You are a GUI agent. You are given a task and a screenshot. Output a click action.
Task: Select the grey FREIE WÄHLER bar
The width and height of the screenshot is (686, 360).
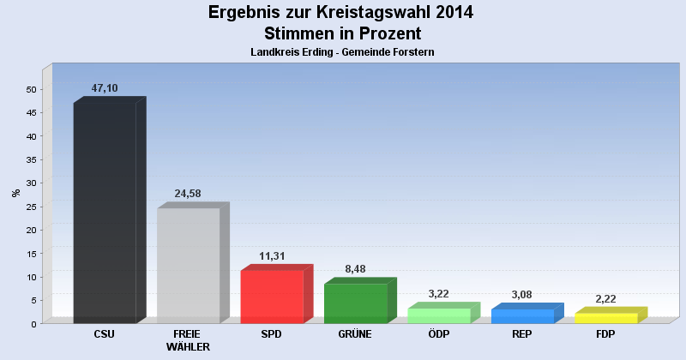pyautogui.click(x=188, y=265)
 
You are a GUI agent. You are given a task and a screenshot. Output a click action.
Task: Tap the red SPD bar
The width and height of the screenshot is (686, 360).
pyautogui.click(x=272, y=296)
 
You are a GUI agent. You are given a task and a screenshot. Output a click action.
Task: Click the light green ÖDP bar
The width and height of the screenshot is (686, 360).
pyautogui.click(x=438, y=315)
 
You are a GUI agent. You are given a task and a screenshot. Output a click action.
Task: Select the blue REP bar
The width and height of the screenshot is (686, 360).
pyautogui.click(x=522, y=316)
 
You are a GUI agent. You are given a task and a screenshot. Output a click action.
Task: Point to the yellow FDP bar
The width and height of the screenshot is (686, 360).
pyautogui.click(x=605, y=318)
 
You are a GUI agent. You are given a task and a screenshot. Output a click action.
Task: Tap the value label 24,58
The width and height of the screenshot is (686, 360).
pyautogui.click(x=188, y=194)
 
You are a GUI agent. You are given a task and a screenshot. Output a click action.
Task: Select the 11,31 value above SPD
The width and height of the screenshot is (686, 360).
pyautogui.click(x=272, y=256)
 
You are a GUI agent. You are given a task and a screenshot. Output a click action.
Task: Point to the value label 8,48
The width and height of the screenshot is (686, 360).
pyautogui.click(x=355, y=269)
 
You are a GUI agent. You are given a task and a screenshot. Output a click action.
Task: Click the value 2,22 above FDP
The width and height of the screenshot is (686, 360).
pyautogui.click(x=605, y=299)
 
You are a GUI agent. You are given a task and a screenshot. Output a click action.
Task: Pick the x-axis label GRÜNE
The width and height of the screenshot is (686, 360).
pyautogui.click(x=355, y=334)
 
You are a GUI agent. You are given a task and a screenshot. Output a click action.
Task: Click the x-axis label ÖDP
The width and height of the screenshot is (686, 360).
pyautogui.click(x=438, y=334)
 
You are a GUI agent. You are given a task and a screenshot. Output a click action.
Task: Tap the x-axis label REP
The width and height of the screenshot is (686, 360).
pyautogui.click(x=522, y=334)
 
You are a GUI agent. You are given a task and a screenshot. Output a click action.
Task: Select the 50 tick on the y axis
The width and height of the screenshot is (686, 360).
pyautogui.click(x=31, y=89)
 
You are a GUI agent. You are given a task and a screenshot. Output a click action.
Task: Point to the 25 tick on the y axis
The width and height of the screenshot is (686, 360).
pyautogui.click(x=31, y=207)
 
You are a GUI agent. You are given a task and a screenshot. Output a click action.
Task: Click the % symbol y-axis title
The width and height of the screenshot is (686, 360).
pyautogui.click(x=16, y=193)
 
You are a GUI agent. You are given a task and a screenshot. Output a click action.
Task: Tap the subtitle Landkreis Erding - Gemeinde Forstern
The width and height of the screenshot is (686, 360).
pyautogui.click(x=342, y=52)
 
